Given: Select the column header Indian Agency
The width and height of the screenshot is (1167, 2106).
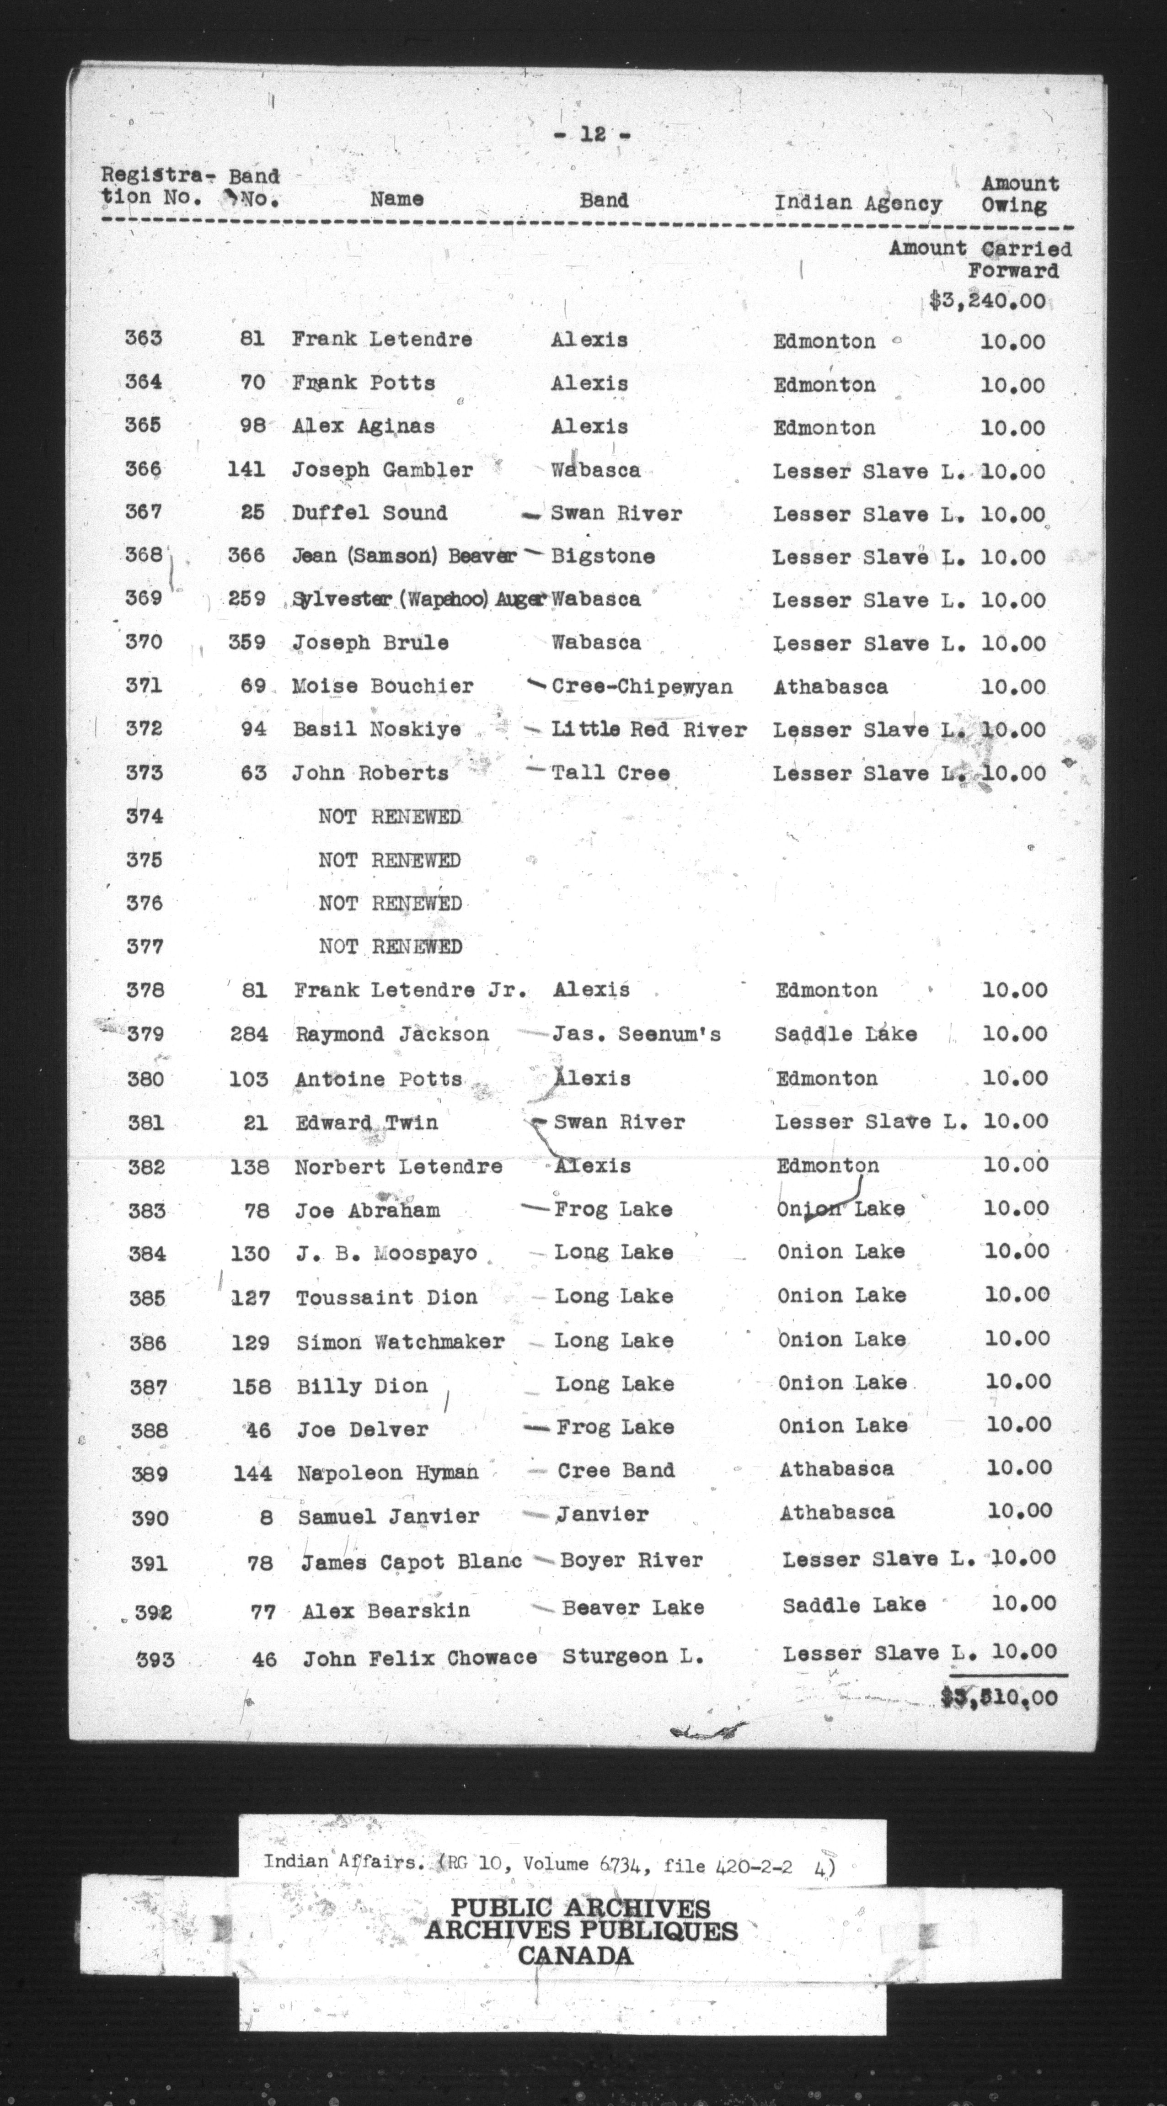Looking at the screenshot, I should (x=858, y=203).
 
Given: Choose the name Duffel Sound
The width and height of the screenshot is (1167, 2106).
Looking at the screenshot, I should (x=369, y=513).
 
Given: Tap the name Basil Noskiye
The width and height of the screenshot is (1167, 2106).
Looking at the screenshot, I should (x=377, y=729).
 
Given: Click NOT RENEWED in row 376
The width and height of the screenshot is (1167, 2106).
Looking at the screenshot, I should (x=390, y=904).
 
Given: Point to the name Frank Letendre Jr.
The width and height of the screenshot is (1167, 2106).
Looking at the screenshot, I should (x=410, y=990).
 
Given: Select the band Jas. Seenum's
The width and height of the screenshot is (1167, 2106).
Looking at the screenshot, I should (x=637, y=1034).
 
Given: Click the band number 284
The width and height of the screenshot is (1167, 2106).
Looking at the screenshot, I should (x=249, y=1034).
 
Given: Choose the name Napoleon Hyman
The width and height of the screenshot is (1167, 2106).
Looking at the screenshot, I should (x=388, y=1473).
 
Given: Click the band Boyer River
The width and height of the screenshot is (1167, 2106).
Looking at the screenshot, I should (x=632, y=1561).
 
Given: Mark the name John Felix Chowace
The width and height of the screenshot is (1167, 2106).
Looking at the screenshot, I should (x=419, y=1658).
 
